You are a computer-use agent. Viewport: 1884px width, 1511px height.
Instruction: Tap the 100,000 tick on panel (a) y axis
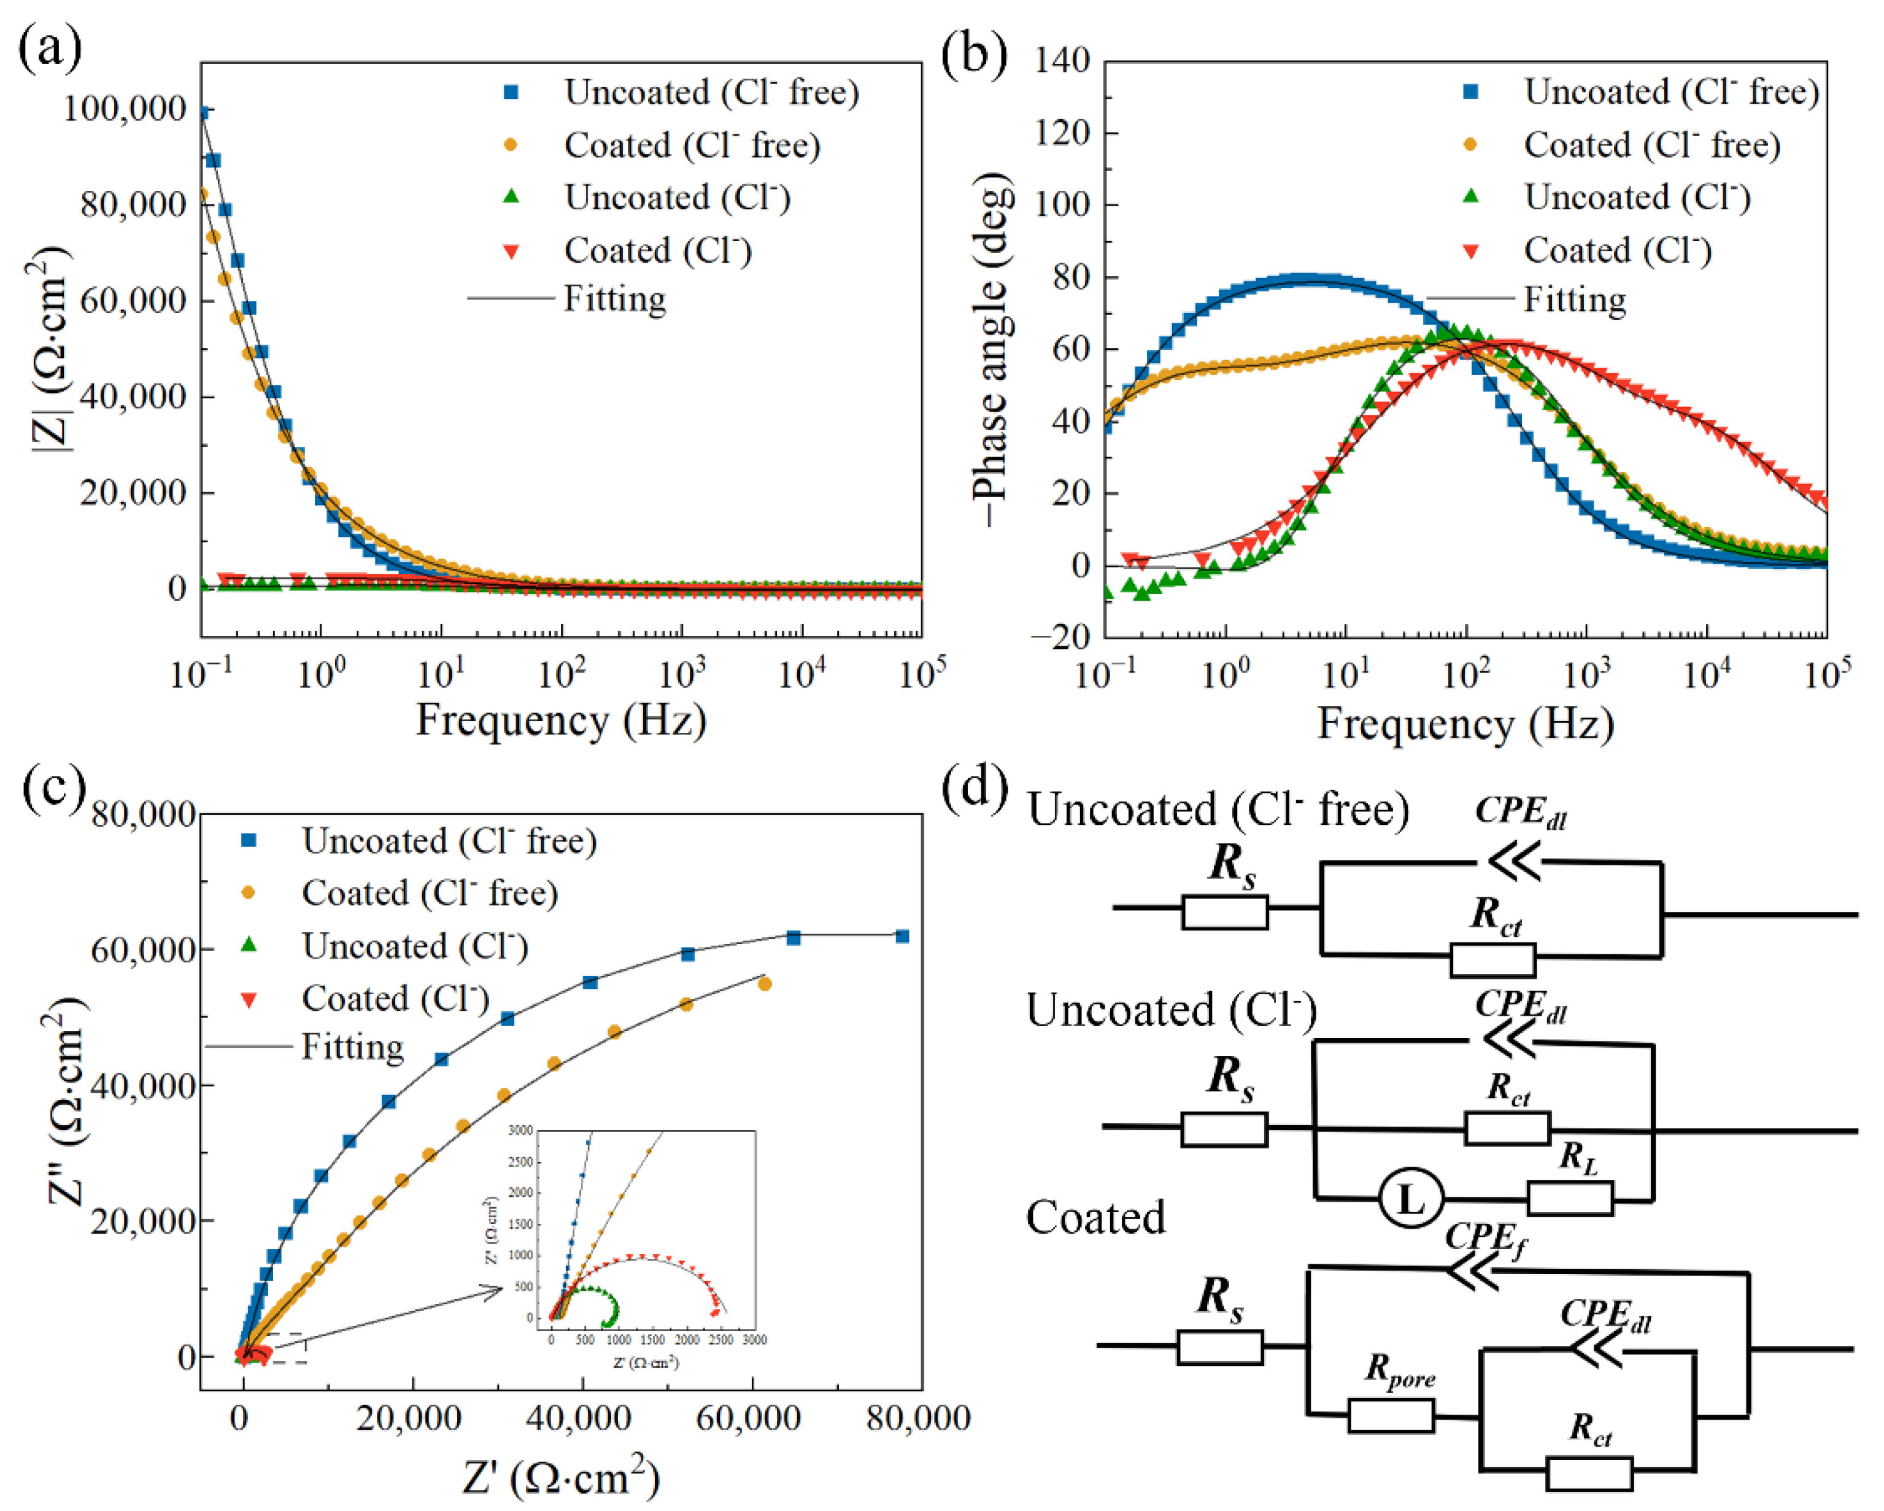click(x=125, y=109)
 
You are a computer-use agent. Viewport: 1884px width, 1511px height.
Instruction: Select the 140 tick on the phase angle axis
click(x=1062, y=61)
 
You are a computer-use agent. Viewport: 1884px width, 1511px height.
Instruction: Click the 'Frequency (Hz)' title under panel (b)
click(x=1465, y=724)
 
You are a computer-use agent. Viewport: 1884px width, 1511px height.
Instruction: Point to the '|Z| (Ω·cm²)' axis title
click(x=51, y=350)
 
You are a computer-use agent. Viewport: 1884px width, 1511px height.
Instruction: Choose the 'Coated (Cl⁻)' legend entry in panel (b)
click(x=1616, y=251)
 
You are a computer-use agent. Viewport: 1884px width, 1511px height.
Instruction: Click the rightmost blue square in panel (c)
click(x=901, y=937)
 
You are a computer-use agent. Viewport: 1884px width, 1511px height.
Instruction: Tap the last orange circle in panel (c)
click(x=765, y=984)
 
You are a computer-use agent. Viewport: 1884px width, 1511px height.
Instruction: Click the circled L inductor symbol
click(x=1410, y=1200)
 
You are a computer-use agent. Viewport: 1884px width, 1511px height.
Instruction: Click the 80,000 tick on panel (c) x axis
click(x=917, y=1418)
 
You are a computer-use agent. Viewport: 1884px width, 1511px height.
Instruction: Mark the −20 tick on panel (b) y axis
click(x=1060, y=636)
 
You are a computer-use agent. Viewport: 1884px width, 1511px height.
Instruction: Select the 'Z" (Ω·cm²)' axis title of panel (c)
click(x=66, y=1101)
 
